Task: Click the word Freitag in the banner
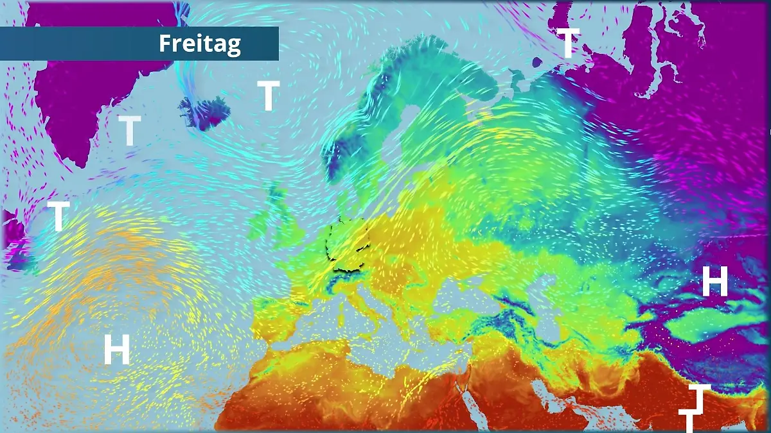coord(200,44)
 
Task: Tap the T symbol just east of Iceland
coord(269,96)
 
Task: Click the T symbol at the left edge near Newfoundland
coord(58,216)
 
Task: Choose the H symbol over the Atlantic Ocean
coord(117,350)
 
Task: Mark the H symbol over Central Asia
coord(714,282)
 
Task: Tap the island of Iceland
coord(204,112)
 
